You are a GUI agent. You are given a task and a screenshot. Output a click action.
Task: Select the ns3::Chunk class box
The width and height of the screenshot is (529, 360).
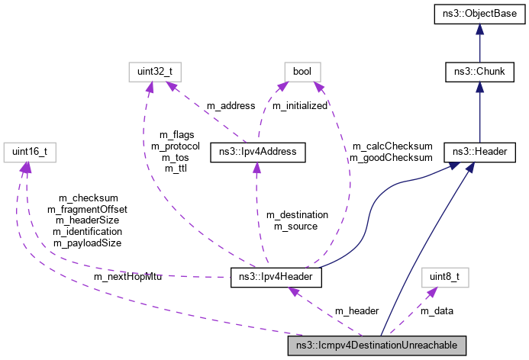point(479,72)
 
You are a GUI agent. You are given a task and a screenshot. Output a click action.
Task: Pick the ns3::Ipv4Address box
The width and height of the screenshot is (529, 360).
point(258,151)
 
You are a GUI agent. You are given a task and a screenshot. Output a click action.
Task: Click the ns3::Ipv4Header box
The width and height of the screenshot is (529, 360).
point(276,277)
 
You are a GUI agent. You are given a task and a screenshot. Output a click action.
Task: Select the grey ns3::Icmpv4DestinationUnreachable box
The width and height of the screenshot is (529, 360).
point(372,346)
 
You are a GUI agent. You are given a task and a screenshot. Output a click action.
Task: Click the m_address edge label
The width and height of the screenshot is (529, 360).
point(207,105)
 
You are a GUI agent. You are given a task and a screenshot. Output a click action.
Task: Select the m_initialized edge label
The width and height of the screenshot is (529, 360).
point(300,105)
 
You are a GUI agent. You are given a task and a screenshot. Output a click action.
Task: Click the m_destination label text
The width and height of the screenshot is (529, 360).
point(297,214)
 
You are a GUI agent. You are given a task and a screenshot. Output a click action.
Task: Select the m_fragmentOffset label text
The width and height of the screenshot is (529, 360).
point(87,209)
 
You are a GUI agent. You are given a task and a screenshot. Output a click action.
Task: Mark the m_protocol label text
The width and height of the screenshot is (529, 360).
point(176,146)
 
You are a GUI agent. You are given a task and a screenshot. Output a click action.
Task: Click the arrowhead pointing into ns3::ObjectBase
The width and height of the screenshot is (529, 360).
point(479,29)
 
